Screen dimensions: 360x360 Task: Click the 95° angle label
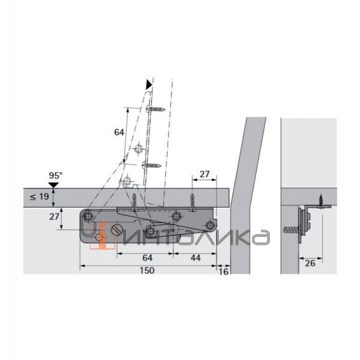click(56, 176)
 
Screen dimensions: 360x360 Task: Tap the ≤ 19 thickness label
click(39, 197)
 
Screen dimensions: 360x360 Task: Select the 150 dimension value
click(147, 270)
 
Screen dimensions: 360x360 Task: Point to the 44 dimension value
click(196, 258)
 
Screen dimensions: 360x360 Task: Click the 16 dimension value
click(223, 272)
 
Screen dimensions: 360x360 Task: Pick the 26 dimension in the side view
click(310, 263)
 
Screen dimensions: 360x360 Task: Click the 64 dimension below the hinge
click(147, 258)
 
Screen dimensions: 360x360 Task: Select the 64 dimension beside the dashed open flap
click(119, 132)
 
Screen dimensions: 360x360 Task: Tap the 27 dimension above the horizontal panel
click(205, 174)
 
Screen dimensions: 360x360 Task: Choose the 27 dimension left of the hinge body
click(54, 217)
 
